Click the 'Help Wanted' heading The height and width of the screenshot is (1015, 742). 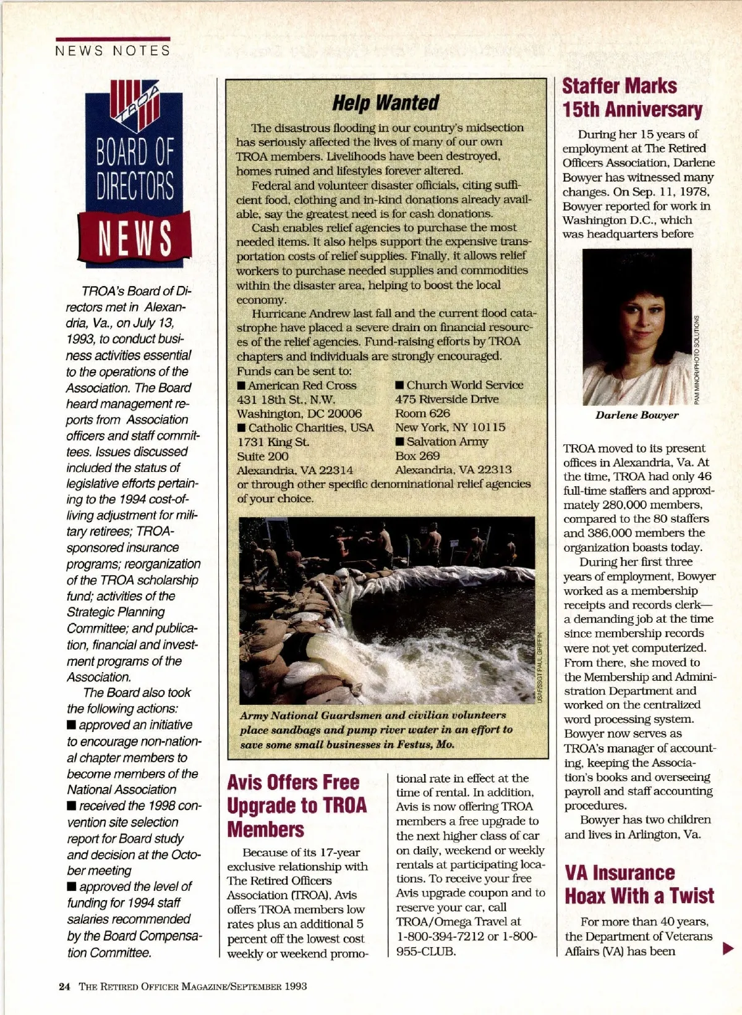point(385,103)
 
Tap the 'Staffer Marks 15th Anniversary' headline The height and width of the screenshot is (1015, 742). point(631,98)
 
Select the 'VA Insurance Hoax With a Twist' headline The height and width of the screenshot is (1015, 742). point(639,884)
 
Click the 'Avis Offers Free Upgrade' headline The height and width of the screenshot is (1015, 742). point(297,806)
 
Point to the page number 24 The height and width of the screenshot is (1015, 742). point(64,986)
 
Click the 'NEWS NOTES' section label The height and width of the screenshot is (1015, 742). point(113,51)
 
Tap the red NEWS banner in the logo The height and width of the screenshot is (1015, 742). point(134,238)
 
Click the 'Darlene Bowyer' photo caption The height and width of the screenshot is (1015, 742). point(636,415)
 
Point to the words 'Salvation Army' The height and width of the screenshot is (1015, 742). point(446,442)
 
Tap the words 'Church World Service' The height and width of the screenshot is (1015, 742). point(464,385)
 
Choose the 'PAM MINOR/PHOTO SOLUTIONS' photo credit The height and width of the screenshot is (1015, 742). point(696,360)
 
